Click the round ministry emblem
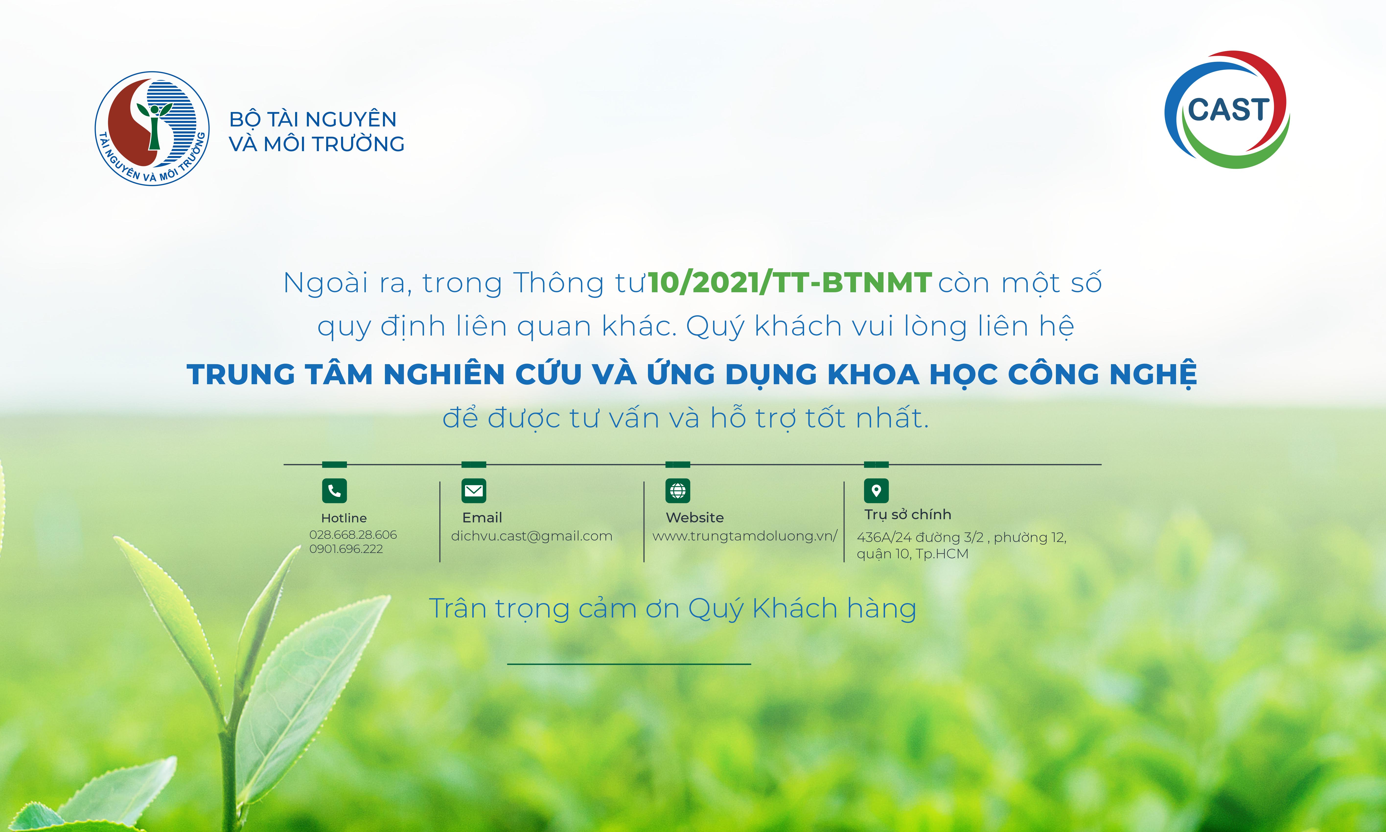tap(152, 128)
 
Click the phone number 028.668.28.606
tap(353, 535)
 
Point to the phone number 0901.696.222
tap(346, 549)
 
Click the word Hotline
tap(344, 518)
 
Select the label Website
tap(695, 517)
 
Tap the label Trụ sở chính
tap(908, 515)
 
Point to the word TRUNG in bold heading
tap(241, 374)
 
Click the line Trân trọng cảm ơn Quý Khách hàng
tap(672, 609)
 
